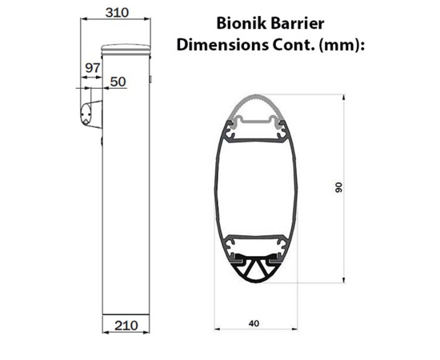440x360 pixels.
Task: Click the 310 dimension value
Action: click(x=117, y=12)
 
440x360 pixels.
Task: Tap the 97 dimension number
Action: click(x=92, y=68)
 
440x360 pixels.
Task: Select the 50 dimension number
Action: click(x=118, y=82)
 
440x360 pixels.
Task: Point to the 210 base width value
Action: click(x=126, y=326)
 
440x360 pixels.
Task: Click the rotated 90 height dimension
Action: click(x=339, y=187)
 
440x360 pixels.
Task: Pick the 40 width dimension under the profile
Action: click(x=254, y=323)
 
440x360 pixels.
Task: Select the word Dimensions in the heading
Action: click(x=222, y=45)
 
